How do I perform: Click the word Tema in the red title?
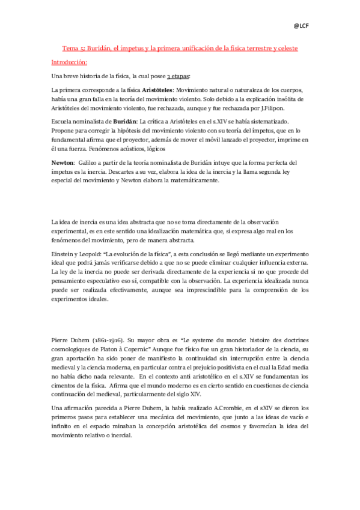72,48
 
